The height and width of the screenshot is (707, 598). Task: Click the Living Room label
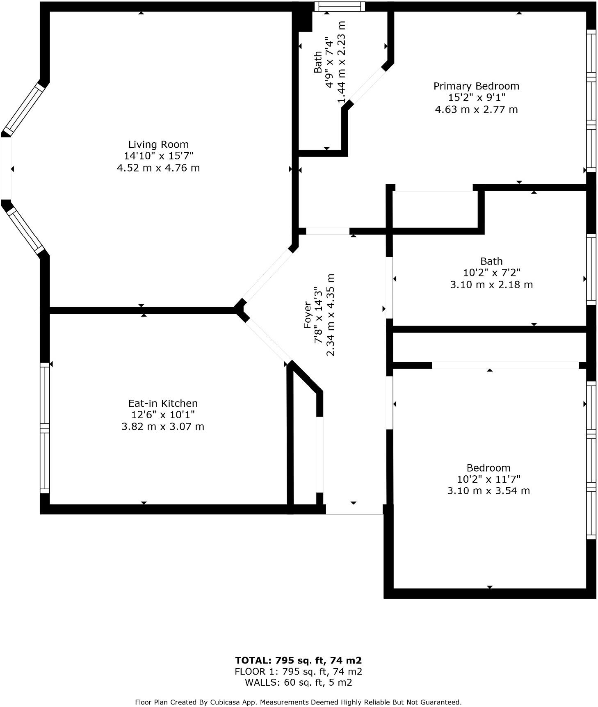coord(158,144)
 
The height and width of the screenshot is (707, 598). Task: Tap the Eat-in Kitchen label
coord(163,403)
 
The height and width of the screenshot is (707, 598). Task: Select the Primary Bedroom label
coord(476,86)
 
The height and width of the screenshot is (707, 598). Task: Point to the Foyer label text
coord(308,315)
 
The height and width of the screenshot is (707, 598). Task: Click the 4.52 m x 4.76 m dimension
coord(158,168)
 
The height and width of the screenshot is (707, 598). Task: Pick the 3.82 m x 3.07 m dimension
coord(163,426)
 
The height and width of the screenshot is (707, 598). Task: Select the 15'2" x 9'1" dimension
coord(476,98)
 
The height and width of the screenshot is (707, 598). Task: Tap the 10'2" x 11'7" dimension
coord(488,479)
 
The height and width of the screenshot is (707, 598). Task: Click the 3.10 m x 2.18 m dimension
coord(491,285)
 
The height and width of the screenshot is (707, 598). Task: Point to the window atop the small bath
coord(340,6)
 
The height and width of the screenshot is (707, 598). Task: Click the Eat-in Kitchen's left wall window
coord(45,428)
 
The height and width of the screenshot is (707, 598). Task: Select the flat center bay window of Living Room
coord(6,168)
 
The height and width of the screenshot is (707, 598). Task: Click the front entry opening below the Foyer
coord(354,509)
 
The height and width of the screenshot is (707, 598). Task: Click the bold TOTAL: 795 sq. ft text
coord(298,660)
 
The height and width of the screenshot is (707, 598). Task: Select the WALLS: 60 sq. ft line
coord(298,682)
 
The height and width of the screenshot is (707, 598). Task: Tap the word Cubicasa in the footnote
coord(225,702)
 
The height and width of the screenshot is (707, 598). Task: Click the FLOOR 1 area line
coord(298,671)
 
